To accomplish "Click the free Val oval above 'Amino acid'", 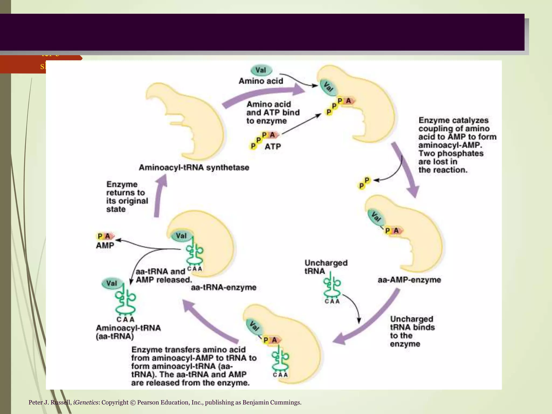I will coord(261,70).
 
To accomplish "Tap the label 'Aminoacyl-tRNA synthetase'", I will coord(194,168).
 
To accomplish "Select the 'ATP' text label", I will coord(272,147).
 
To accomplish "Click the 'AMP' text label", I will coord(105,246).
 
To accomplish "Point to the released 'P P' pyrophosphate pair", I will coord(364,183).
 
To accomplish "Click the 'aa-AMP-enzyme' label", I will coord(409,280).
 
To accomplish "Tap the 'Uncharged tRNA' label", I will coord(326,267).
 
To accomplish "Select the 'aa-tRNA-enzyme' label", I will coord(223,288).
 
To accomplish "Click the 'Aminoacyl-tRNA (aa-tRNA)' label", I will coord(128,332).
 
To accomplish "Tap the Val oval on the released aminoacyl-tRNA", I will coord(111,284).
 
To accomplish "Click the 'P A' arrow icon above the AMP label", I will coord(105,236).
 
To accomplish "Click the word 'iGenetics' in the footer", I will coord(86,402).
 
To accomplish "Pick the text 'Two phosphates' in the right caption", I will coord(451,153).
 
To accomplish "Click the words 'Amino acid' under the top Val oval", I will coord(261,81).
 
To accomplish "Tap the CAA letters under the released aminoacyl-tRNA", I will coord(125,320).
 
